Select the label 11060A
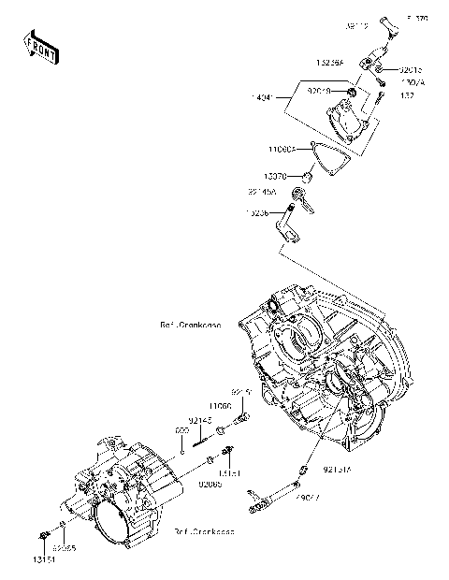pyautogui.click(x=281, y=149)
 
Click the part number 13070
pyautogui.click(x=275, y=175)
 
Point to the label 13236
pyautogui.click(x=259, y=213)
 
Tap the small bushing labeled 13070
pyautogui.click(x=305, y=175)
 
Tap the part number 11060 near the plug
pyautogui.click(x=220, y=406)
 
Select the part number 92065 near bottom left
pyautogui.click(x=64, y=547)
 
